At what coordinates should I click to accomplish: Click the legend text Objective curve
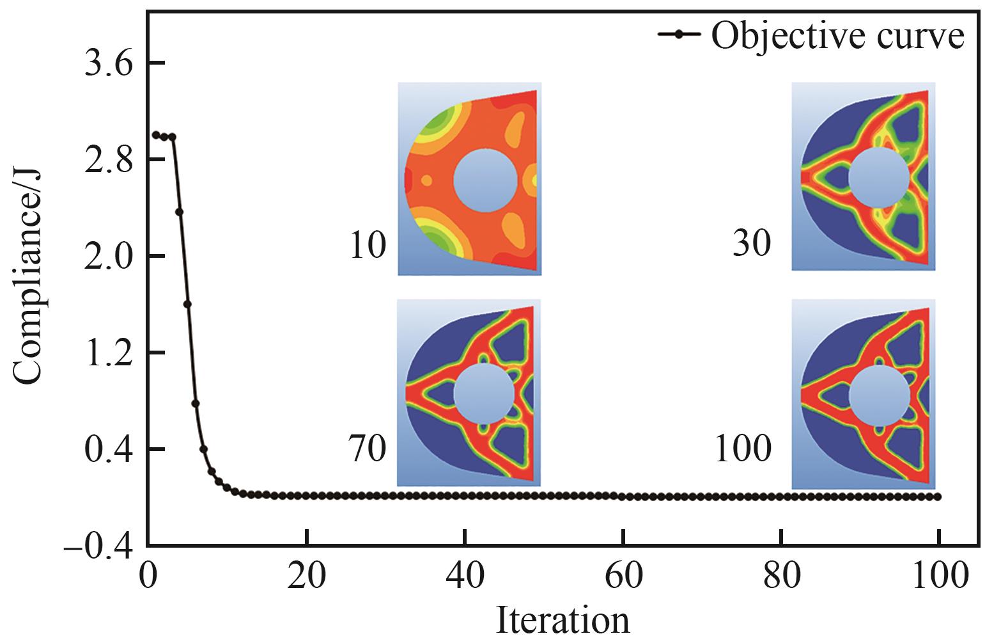(837, 36)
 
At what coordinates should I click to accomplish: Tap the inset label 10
(368, 246)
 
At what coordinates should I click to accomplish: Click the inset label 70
(368, 449)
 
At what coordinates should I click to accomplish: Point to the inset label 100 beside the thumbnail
(742, 449)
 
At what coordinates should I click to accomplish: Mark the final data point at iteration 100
(938, 496)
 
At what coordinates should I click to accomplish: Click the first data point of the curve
(155, 135)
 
